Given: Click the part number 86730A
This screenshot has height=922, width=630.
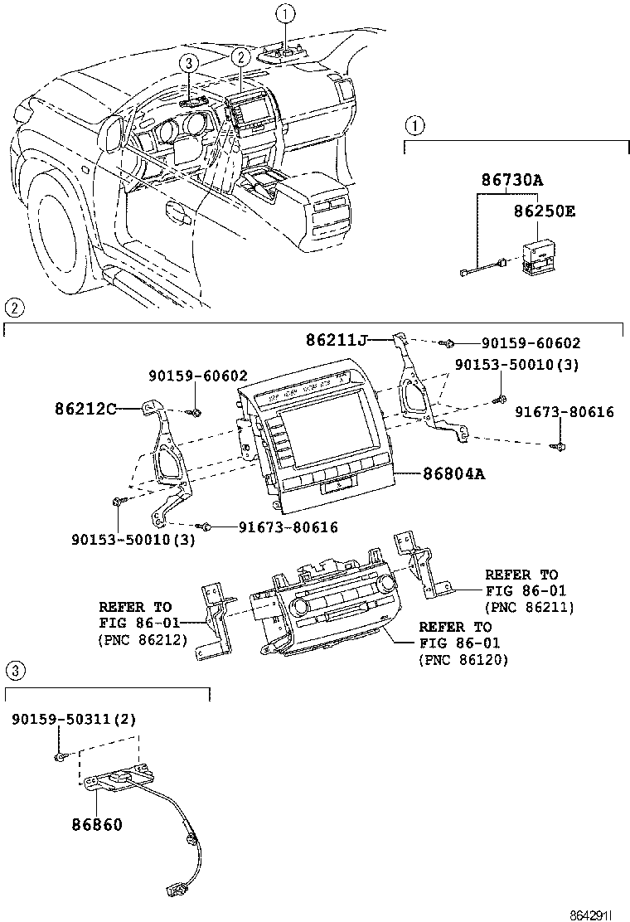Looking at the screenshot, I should pyautogui.click(x=514, y=180).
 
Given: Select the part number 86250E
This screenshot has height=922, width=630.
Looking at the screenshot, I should pyautogui.click(x=542, y=211).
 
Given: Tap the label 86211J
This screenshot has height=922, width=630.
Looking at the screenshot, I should pyautogui.click(x=336, y=339).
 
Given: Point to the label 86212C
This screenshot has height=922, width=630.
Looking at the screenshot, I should pyautogui.click(x=85, y=408).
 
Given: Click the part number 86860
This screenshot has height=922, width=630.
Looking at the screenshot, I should pyautogui.click(x=96, y=825).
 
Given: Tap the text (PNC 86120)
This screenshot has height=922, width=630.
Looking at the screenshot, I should pyautogui.click(x=463, y=660).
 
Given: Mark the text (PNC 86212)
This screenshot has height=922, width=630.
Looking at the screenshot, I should pyautogui.click(x=142, y=640).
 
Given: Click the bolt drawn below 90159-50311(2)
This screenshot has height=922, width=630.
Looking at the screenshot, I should pyautogui.click(x=61, y=757).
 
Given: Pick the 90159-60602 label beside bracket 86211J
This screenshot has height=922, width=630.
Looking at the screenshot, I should pyautogui.click(x=530, y=343).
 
